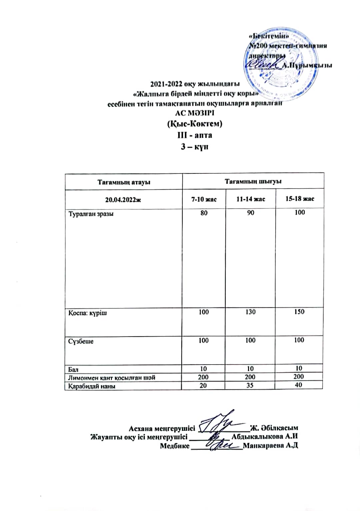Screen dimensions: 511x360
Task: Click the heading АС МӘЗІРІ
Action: click(195, 113)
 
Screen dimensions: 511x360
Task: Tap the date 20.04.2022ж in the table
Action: click(123, 200)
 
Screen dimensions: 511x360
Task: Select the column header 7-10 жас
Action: click(204, 199)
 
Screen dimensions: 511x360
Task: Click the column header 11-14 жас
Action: click(251, 199)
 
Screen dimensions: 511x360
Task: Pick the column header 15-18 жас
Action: click(300, 199)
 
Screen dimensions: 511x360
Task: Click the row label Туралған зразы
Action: click(91, 214)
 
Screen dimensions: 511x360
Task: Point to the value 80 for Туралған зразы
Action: click(204, 213)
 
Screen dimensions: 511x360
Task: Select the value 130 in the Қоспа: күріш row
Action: click(250, 312)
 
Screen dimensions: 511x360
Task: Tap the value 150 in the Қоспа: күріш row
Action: click(299, 312)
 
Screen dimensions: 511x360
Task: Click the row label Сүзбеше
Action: click(81, 342)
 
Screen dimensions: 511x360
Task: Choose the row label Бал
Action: click(73, 369)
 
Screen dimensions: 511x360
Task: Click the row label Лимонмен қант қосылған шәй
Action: click(112, 378)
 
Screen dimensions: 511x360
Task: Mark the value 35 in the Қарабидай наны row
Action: click(250, 385)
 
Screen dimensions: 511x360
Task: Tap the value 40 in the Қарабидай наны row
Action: click(299, 385)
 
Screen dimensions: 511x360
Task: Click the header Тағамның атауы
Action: click(124, 182)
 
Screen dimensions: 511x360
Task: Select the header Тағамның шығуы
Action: click(253, 181)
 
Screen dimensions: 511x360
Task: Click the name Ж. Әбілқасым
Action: click(274, 428)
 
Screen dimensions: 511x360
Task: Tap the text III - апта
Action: click(195, 135)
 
